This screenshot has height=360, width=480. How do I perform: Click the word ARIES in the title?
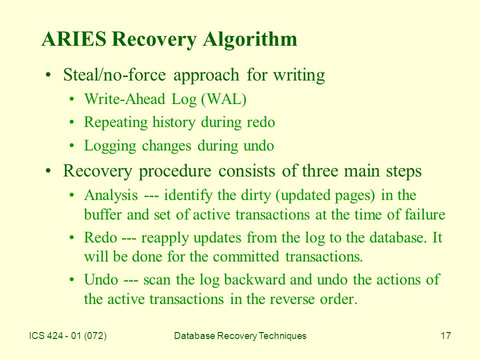point(74,39)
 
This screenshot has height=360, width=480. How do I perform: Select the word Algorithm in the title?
point(250,40)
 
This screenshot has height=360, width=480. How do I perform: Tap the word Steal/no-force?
point(114,74)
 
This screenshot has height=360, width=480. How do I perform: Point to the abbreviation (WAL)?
point(224,99)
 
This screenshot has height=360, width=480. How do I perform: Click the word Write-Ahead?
point(124,99)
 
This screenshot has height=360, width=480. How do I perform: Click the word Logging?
point(110,146)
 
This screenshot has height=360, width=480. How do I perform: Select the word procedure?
point(175,171)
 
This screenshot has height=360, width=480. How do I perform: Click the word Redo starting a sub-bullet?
point(100,237)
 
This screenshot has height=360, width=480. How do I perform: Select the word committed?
point(246,256)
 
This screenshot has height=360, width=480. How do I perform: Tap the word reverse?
point(292,299)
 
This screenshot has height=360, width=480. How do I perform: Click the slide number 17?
point(445,336)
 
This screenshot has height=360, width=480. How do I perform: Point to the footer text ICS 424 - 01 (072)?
point(68,336)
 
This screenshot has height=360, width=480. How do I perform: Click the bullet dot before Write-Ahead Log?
point(71,99)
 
